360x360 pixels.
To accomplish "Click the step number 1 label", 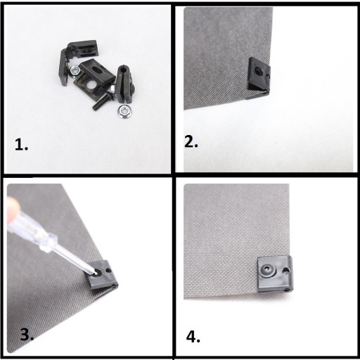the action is click(x=21, y=144).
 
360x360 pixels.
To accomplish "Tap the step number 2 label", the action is click(x=191, y=141).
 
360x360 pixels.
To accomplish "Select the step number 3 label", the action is click(x=27, y=334).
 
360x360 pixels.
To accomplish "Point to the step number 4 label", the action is click(x=193, y=337).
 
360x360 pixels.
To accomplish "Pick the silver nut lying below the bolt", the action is click(x=124, y=111).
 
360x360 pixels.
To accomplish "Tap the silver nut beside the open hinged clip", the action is click(x=75, y=71).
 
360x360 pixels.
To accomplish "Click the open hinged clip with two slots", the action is click(x=76, y=58).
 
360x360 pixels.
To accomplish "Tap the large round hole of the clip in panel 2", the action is click(x=259, y=70).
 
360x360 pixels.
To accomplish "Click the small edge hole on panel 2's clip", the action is click(x=268, y=76).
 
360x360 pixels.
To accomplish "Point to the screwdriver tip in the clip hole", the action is click(x=96, y=273).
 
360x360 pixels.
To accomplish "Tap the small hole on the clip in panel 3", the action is click(x=108, y=270).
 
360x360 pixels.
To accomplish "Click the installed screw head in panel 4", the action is click(x=267, y=271).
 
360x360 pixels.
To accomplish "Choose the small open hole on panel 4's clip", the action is click(x=285, y=271).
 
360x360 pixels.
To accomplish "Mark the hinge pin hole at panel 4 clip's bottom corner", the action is click(x=286, y=290).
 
